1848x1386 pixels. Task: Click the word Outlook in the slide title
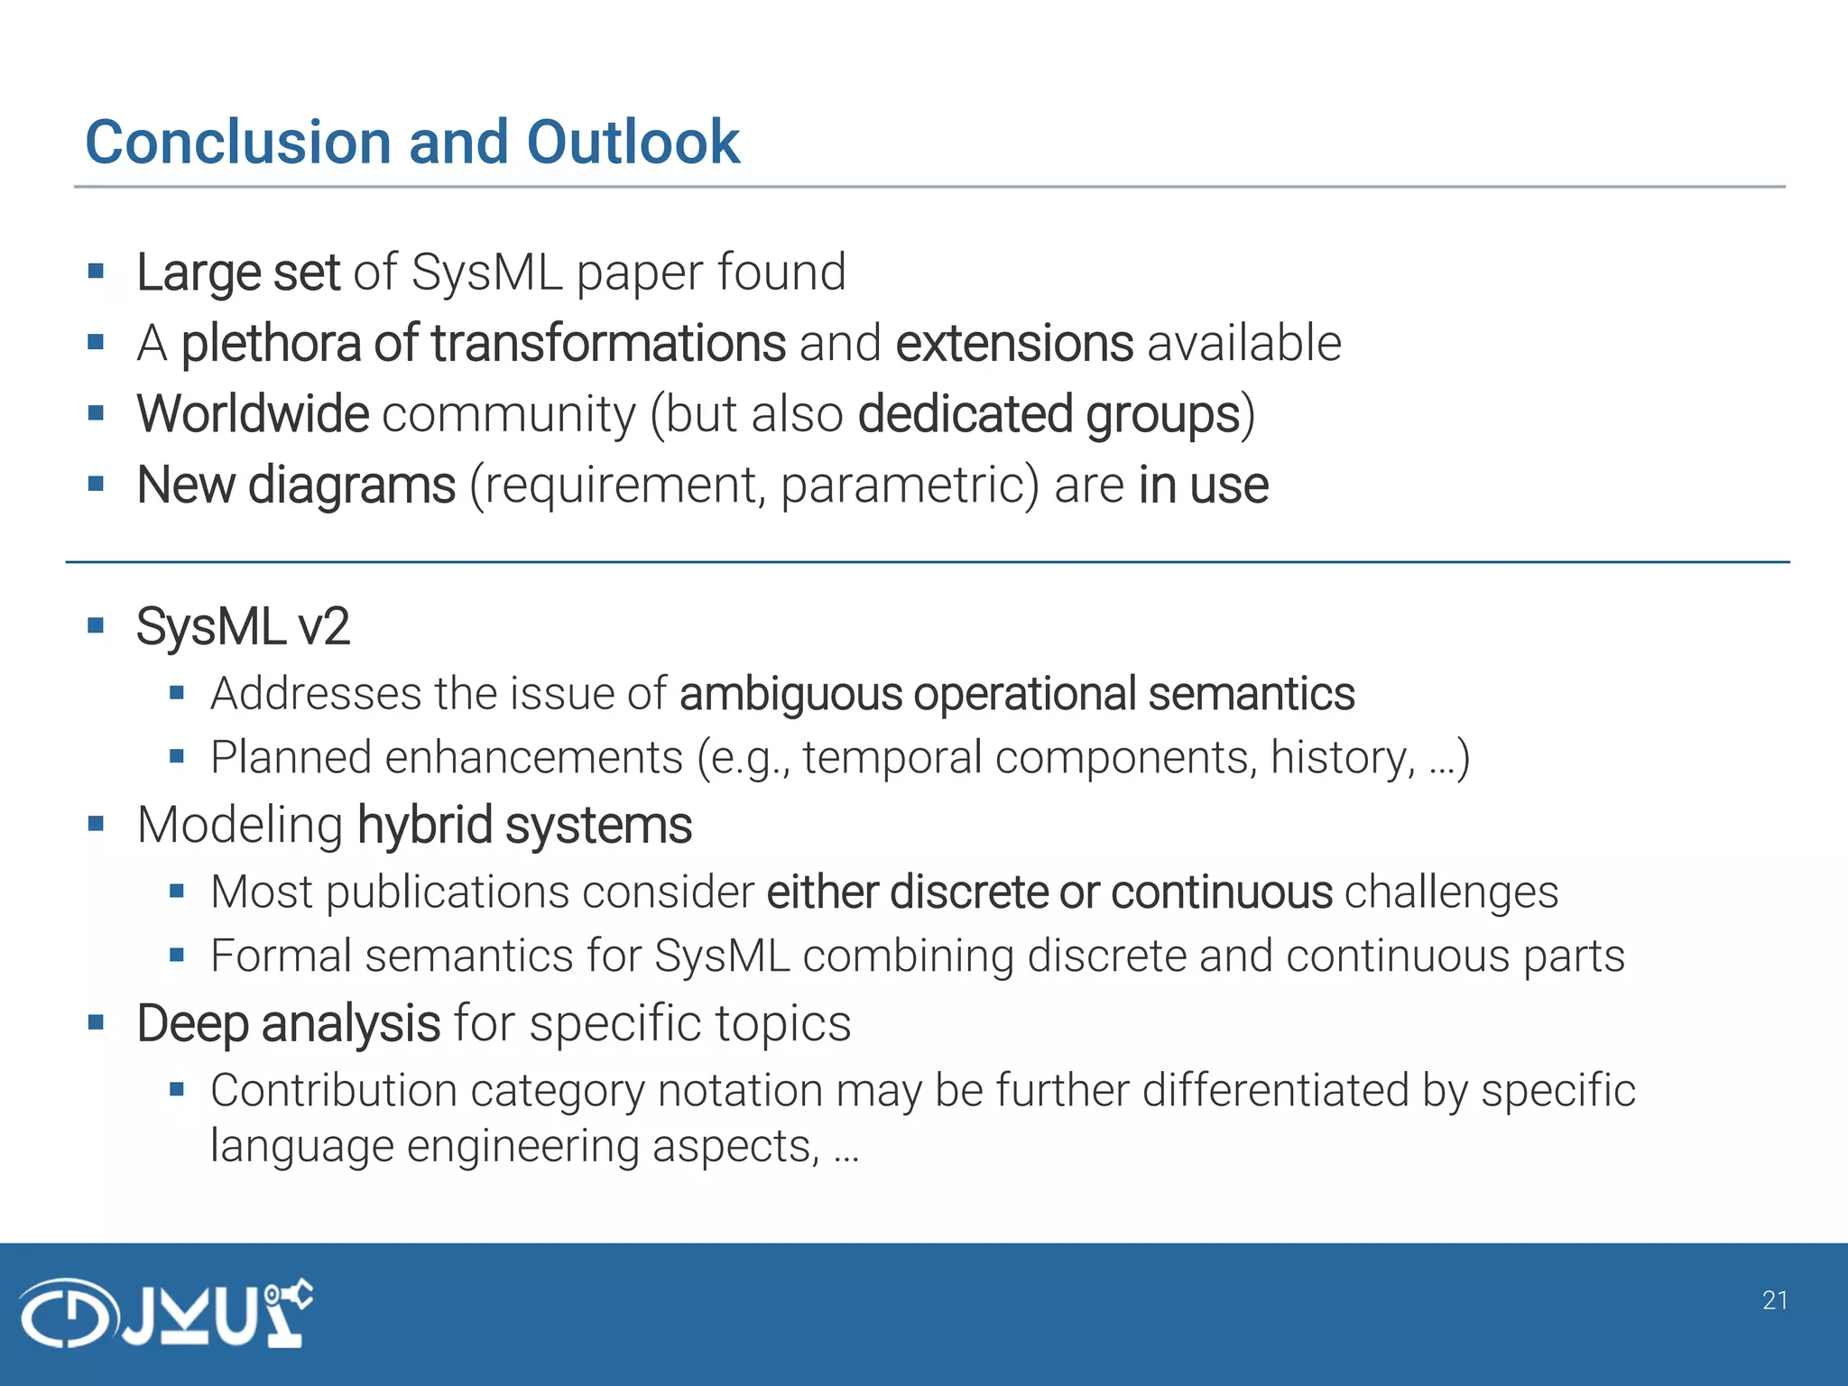click(633, 143)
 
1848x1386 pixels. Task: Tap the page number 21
click(1774, 1300)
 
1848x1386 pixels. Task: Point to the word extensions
click(1013, 344)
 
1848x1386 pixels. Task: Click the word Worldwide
click(253, 414)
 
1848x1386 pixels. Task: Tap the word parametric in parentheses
click(902, 486)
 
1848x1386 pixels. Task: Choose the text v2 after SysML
click(323, 627)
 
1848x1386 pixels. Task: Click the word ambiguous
click(790, 694)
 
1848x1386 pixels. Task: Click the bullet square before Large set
click(97, 272)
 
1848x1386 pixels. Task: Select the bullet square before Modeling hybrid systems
click(97, 824)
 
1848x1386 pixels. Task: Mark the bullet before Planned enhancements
click(177, 756)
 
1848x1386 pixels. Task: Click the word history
click(1341, 757)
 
